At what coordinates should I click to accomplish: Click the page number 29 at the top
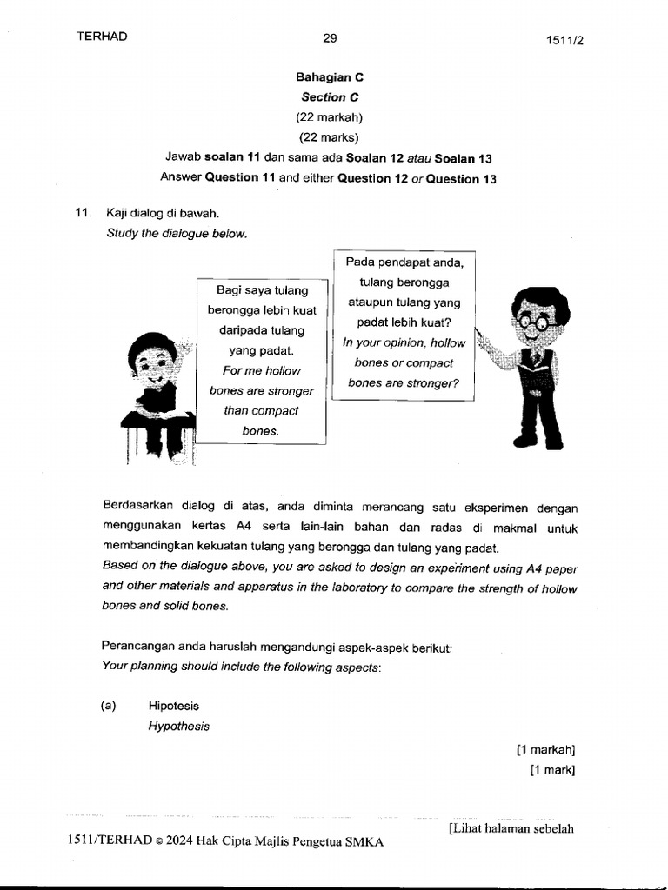point(330,37)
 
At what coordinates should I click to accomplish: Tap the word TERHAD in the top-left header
point(102,36)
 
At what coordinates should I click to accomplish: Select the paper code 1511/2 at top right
point(564,40)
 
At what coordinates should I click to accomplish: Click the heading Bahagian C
point(330,77)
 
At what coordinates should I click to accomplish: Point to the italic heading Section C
point(330,97)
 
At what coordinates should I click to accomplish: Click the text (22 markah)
point(330,116)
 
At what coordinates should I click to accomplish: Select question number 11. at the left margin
point(83,212)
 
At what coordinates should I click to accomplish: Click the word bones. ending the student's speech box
point(261,431)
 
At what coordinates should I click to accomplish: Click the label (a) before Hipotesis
point(109,707)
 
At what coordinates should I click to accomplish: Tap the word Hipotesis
point(174,707)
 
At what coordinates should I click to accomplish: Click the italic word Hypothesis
point(178,727)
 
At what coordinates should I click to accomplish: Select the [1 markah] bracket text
point(546,749)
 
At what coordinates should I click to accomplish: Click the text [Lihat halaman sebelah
point(511,828)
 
